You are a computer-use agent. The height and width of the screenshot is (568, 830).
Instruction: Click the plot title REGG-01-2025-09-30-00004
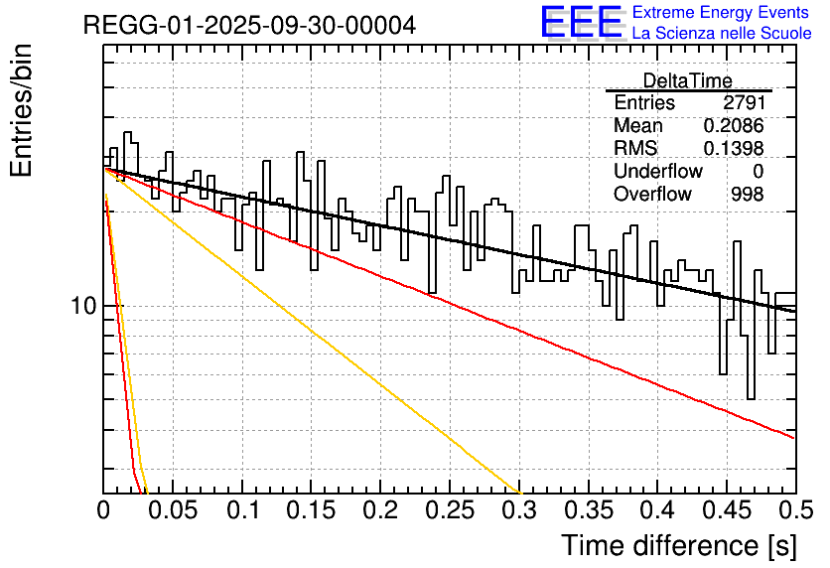(249, 25)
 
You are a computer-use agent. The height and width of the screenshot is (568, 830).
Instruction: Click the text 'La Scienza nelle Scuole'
(722, 33)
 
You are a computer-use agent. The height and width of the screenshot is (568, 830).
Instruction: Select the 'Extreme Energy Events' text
(722, 12)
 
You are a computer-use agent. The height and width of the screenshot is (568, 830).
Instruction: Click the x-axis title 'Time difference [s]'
(678, 545)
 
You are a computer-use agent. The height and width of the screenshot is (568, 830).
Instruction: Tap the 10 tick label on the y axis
(83, 307)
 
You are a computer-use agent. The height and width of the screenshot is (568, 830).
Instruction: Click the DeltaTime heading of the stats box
(687, 81)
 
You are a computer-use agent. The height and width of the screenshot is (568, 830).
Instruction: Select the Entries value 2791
(744, 103)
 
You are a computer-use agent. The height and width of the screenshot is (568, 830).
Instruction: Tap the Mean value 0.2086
(734, 126)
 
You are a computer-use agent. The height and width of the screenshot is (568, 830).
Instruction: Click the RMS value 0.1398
(734, 148)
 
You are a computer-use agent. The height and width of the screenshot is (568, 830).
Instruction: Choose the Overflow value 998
(748, 194)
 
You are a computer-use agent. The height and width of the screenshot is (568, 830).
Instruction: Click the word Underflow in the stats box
(657, 171)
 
